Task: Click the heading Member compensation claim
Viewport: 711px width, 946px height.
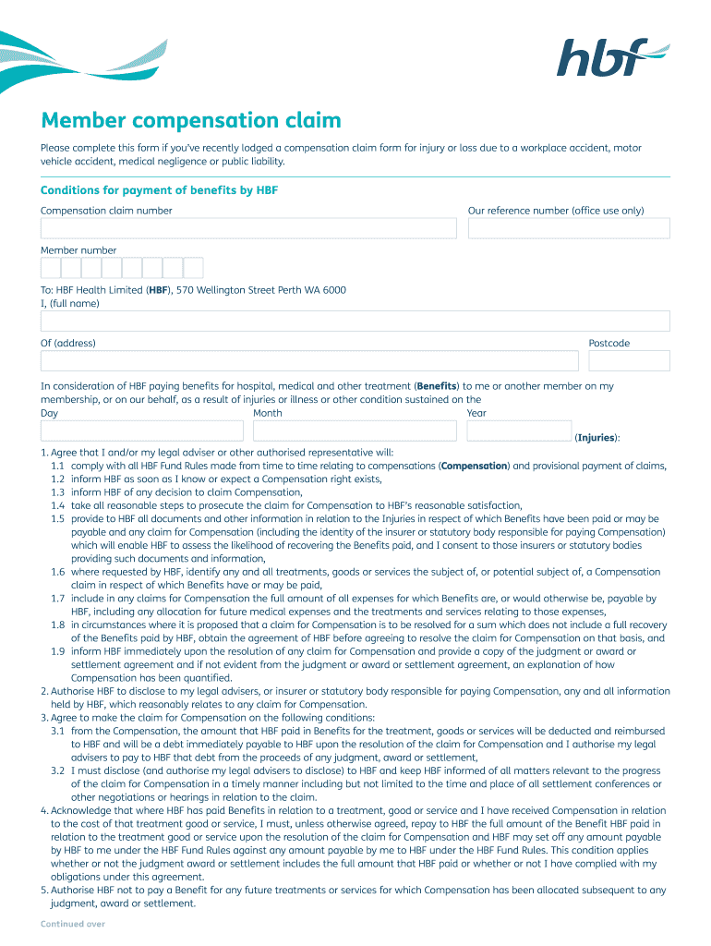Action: pos(191,120)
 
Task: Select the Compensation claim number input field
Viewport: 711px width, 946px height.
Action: pos(248,228)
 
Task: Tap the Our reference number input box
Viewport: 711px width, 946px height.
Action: pos(569,228)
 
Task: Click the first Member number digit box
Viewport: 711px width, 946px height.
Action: pos(51,268)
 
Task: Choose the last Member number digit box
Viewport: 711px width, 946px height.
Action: pos(193,268)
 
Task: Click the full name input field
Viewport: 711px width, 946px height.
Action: pos(355,321)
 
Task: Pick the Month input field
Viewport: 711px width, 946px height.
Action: pos(355,431)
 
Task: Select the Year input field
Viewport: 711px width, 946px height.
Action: pos(519,431)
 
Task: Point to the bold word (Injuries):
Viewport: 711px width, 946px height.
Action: pos(597,438)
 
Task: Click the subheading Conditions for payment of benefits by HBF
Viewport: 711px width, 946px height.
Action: pos(159,190)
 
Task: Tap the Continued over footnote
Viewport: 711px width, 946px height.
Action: pos(73,924)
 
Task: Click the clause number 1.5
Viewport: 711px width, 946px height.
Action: pos(57,519)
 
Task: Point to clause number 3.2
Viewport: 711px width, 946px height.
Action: pos(57,770)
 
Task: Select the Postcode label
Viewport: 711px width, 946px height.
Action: pos(609,344)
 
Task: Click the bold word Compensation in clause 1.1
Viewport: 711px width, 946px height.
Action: pos(475,467)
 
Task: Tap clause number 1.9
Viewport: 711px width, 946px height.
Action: pos(57,651)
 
